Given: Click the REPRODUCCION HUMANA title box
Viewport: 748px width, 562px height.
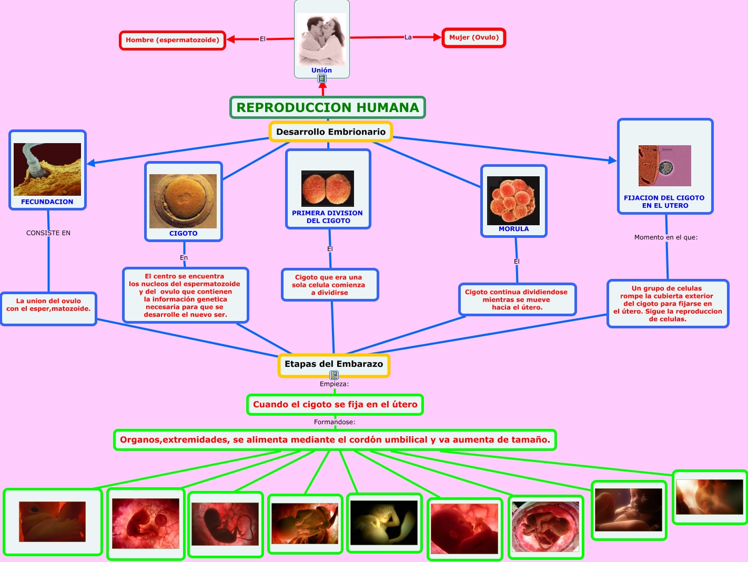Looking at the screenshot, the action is click(328, 107).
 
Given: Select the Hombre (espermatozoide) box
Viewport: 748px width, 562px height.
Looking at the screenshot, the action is click(173, 40).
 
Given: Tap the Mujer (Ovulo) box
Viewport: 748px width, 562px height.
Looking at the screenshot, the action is click(473, 37).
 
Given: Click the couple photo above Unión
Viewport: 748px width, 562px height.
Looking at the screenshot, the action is click(321, 39).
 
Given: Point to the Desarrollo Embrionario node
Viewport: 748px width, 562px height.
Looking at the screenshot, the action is click(330, 132).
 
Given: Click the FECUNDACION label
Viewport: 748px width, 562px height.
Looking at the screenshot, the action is click(47, 202).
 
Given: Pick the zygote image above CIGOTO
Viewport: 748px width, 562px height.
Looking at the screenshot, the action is click(183, 201).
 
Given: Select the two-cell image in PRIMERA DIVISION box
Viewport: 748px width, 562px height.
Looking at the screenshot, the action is click(328, 188).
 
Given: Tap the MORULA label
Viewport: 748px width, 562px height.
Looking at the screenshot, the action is click(513, 229).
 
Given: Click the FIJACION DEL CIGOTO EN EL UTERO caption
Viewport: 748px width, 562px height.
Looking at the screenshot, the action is click(664, 202).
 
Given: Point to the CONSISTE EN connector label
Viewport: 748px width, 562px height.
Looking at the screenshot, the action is click(48, 233).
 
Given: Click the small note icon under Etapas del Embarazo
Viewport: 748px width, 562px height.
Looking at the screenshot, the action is click(334, 375).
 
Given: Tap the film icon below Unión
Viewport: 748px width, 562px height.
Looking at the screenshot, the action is click(322, 79).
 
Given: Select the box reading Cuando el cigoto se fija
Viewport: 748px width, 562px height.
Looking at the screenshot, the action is click(335, 405).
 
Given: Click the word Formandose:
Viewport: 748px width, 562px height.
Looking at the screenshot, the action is click(335, 422).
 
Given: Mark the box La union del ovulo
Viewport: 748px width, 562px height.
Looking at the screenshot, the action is click(48, 308).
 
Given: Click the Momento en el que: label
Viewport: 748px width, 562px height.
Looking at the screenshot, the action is click(666, 237).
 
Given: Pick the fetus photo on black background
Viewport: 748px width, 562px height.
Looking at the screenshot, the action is click(383, 523).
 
